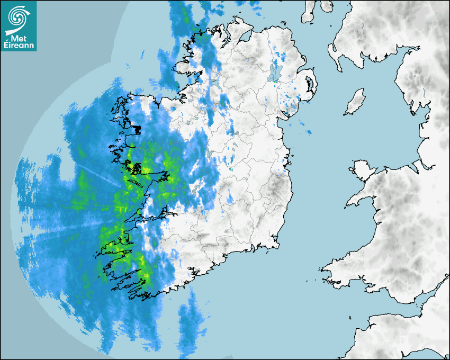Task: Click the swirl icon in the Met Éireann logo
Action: tap(18, 16)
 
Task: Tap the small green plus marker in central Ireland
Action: tap(231, 169)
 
